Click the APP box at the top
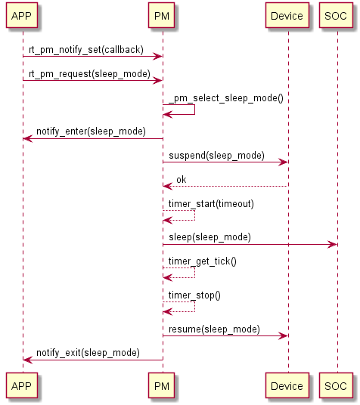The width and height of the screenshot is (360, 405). pyautogui.click(x=22, y=16)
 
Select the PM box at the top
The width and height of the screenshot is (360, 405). pyautogui.click(x=161, y=16)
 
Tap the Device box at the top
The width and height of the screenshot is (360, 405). pyautogui.click(x=287, y=16)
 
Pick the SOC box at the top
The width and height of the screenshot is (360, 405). pyautogui.click(x=336, y=16)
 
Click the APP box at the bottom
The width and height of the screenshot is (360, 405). pyautogui.click(x=22, y=385)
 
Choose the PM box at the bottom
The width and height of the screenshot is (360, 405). pyautogui.click(x=161, y=385)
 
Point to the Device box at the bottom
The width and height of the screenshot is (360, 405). pyautogui.click(x=287, y=385)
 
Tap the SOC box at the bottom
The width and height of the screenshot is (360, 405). pyautogui.click(x=336, y=385)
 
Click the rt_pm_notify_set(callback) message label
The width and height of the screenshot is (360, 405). pyautogui.click(x=86, y=50)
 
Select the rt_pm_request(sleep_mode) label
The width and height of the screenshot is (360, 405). pyautogui.click(x=89, y=74)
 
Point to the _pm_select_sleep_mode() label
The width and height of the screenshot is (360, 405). pyautogui.click(x=226, y=98)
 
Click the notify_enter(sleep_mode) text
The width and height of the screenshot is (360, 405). pyautogui.click(x=91, y=131)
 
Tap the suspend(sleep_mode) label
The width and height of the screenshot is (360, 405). pyautogui.click(x=217, y=156)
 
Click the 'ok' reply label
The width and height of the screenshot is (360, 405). pyautogui.click(x=182, y=180)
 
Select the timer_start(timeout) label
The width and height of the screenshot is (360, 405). pyautogui.click(x=211, y=204)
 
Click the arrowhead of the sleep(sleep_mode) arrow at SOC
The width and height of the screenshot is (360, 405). pyautogui.click(x=332, y=244)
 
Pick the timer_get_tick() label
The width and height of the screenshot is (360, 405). pyautogui.click(x=202, y=261)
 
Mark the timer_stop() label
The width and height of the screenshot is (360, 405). pyautogui.click(x=194, y=295)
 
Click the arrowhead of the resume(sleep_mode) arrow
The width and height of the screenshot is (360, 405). pyautogui.click(x=283, y=335)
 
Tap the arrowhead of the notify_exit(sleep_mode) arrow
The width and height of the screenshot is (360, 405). pyautogui.click(x=28, y=360)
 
